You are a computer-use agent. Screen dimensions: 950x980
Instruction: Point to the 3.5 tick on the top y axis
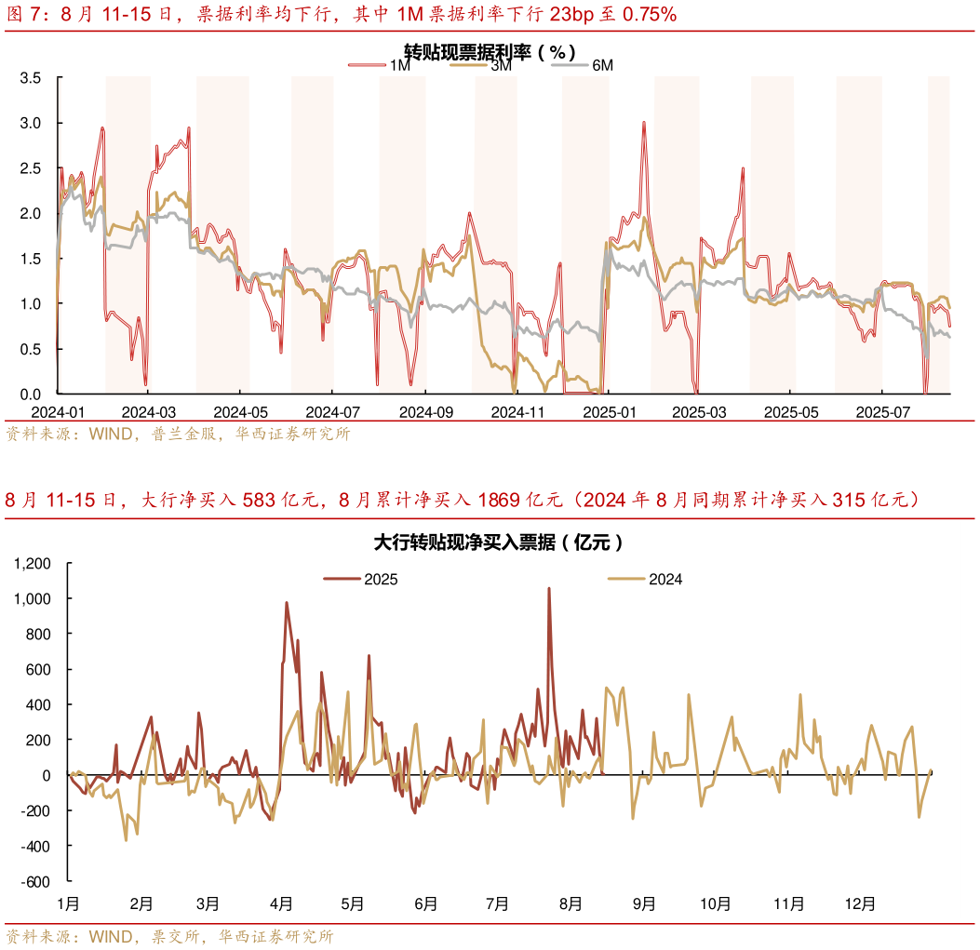click(31, 78)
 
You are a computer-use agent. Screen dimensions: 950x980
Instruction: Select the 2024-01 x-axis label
click(58, 411)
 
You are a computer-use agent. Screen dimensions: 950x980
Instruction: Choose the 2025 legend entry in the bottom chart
click(363, 579)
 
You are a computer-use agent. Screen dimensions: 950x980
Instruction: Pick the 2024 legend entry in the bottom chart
click(646, 579)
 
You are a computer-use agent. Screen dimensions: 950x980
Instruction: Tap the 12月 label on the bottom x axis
click(860, 903)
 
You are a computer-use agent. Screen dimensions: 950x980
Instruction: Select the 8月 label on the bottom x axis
click(571, 903)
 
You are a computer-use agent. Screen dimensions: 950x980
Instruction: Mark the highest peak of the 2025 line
click(549, 588)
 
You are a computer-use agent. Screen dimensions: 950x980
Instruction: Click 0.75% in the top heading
click(644, 14)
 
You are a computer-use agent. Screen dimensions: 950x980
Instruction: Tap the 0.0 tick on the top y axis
click(31, 394)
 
